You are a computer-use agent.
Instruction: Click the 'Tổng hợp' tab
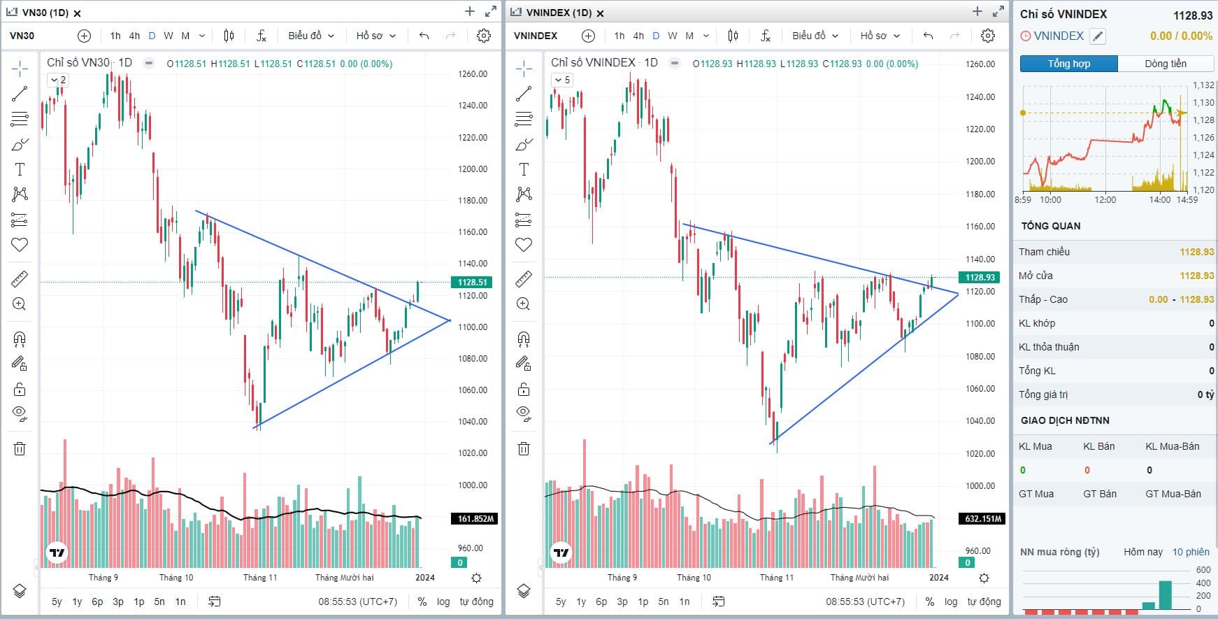[x=1068, y=64]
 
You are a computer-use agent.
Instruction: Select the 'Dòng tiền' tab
[x=1165, y=64]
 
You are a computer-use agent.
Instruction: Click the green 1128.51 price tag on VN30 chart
[x=473, y=283]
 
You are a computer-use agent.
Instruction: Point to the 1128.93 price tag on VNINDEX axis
[x=980, y=278]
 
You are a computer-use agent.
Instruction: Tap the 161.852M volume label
[x=475, y=519]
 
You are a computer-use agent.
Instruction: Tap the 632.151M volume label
[x=982, y=519]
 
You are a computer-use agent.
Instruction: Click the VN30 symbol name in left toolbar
[x=22, y=36]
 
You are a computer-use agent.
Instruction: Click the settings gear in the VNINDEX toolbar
[x=987, y=36]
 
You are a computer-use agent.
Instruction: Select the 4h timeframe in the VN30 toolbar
[x=134, y=36]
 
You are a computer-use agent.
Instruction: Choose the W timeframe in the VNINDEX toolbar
[x=672, y=36]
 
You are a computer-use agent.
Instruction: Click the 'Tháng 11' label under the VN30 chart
[x=260, y=578]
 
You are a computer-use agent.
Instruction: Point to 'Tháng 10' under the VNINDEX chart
[x=694, y=578]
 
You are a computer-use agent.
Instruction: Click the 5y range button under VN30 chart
[x=57, y=602]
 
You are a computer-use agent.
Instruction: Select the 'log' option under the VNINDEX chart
[x=951, y=602]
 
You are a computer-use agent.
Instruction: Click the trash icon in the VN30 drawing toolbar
[x=20, y=449]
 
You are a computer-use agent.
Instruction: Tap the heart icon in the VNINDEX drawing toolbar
[x=524, y=245]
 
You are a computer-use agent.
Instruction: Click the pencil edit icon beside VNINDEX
[x=1098, y=36]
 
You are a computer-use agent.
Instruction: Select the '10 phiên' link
[x=1191, y=552]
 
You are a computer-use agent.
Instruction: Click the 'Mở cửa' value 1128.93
[x=1196, y=276]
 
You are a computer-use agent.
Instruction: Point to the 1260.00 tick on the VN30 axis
[x=473, y=74]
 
